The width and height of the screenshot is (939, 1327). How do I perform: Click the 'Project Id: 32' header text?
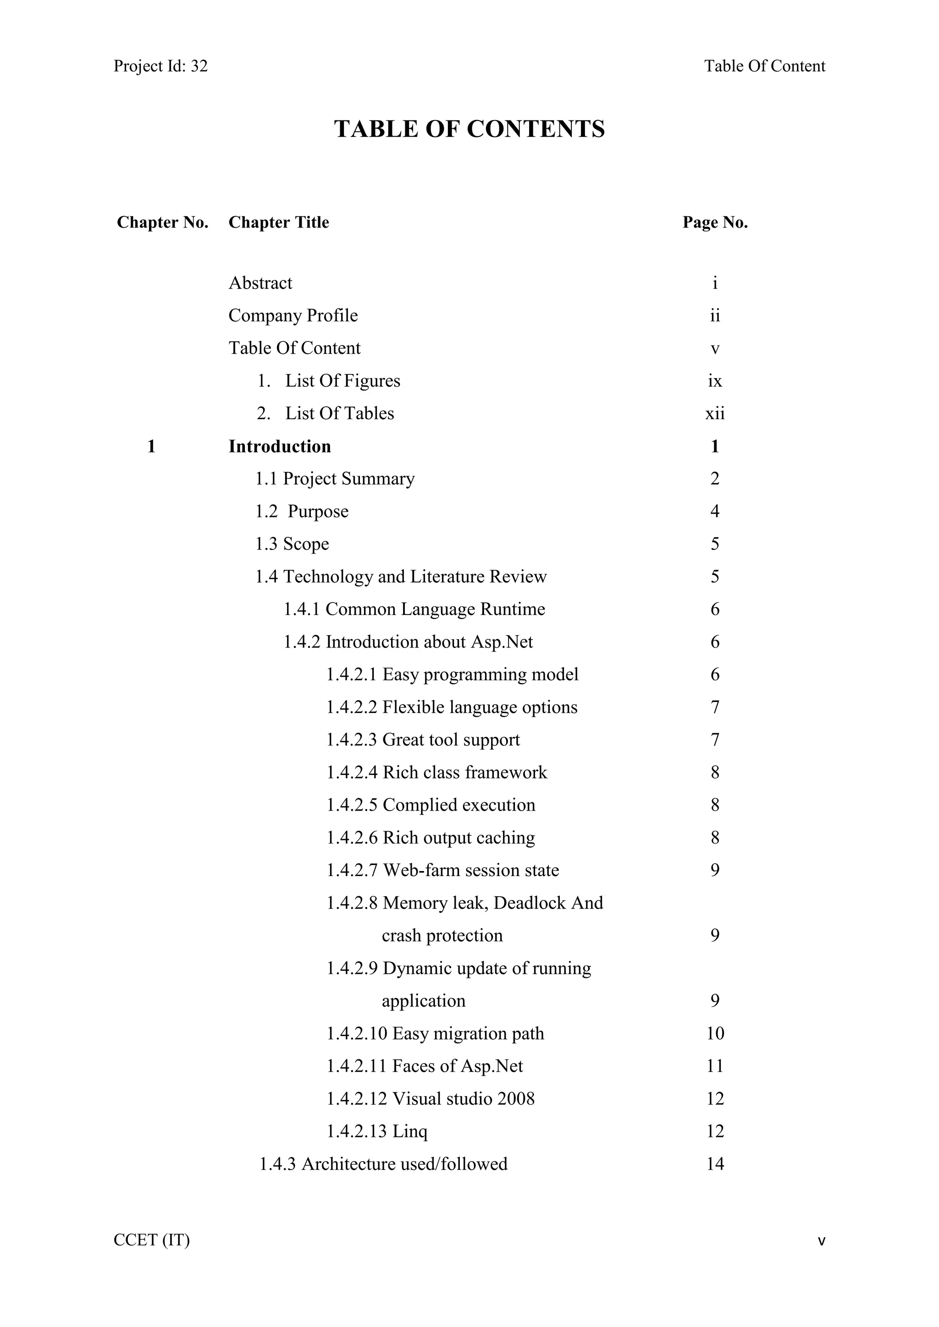pyautogui.click(x=161, y=66)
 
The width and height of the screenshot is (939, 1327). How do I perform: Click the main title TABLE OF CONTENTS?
pyautogui.click(x=469, y=129)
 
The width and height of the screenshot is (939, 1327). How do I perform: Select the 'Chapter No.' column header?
pyautogui.click(x=162, y=223)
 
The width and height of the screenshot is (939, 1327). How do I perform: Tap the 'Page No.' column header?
pyautogui.click(x=715, y=223)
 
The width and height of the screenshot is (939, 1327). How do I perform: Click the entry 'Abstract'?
pyautogui.click(x=261, y=283)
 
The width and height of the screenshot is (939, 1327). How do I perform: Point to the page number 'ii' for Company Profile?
pyautogui.click(x=715, y=316)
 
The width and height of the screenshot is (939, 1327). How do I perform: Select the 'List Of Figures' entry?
pyautogui.click(x=342, y=381)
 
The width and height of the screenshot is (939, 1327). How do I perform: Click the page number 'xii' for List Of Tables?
pyautogui.click(x=715, y=414)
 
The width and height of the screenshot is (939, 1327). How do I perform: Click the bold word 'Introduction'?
pyautogui.click(x=280, y=446)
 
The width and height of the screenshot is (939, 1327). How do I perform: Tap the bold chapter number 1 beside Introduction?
pyautogui.click(x=151, y=446)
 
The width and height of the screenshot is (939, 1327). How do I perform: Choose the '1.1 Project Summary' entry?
pyautogui.click(x=335, y=479)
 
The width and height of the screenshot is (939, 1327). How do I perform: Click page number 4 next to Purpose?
pyautogui.click(x=715, y=511)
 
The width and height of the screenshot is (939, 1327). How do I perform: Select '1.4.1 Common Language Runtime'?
pyautogui.click(x=414, y=609)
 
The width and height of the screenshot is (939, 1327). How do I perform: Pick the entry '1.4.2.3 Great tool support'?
pyautogui.click(x=423, y=740)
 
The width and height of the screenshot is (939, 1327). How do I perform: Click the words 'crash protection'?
pyautogui.click(x=442, y=936)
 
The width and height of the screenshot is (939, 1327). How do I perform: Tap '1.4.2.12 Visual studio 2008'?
pyautogui.click(x=431, y=1099)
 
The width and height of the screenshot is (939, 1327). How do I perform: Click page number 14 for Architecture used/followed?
pyautogui.click(x=715, y=1164)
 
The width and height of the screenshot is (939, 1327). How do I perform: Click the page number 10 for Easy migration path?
pyautogui.click(x=715, y=1033)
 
